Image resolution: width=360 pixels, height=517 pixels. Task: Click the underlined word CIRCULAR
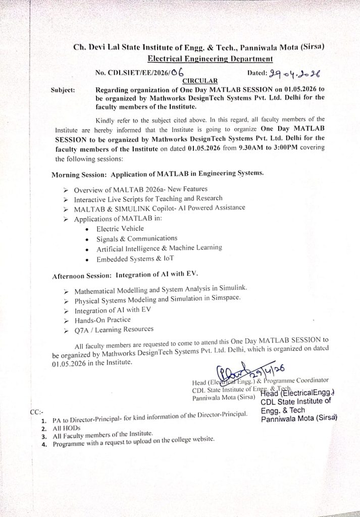click(x=200, y=80)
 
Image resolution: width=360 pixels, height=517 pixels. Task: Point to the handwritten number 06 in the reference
click(x=176, y=72)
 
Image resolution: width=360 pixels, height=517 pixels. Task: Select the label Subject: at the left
click(x=63, y=90)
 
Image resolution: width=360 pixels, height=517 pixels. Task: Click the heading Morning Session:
click(x=80, y=175)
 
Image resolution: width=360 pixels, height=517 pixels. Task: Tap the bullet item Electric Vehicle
click(x=120, y=229)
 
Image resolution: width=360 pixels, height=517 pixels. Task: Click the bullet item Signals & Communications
click(x=137, y=238)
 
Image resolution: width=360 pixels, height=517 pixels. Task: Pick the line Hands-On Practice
click(x=102, y=320)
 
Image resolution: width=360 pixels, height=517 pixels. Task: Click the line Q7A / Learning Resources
click(x=114, y=329)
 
